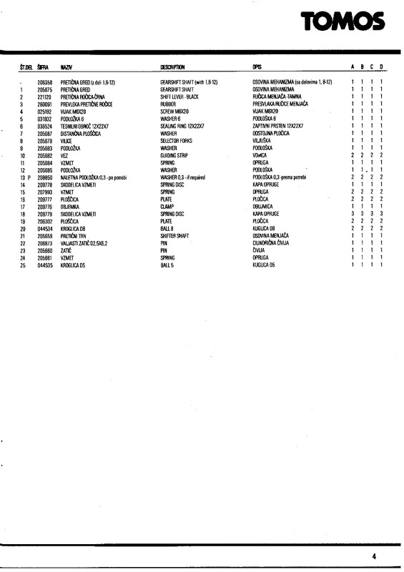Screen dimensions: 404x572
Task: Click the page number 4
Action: [374, 555]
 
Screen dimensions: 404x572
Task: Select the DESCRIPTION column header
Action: [172, 66]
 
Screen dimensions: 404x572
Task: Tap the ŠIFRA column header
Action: [43, 66]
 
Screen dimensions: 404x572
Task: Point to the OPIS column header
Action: [258, 66]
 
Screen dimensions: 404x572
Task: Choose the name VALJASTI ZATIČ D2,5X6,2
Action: [87, 243]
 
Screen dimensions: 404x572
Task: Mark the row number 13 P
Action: [25, 177]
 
